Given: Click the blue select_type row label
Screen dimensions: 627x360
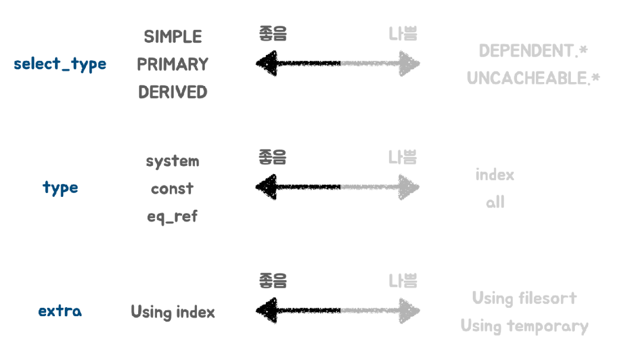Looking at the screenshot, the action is (x=60, y=64).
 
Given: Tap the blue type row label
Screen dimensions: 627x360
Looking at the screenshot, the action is (x=60, y=188).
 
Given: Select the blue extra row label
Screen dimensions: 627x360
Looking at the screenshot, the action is (x=60, y=311).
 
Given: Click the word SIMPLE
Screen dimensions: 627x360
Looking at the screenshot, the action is (x=173, y=37).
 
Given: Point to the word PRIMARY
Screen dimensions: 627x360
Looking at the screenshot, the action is (x=173, y=64).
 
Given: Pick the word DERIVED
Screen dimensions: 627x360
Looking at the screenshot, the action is (x=173, y=92).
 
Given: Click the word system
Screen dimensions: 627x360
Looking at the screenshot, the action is (x=173, y=161).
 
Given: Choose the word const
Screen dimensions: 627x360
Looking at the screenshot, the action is (x=172, y=189).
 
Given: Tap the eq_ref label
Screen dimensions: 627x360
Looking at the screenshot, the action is (x=172, y=216).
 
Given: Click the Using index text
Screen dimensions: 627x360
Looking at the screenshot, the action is (x=173, y=312).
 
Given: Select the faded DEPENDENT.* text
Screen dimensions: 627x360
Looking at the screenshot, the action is (x=533, y=51).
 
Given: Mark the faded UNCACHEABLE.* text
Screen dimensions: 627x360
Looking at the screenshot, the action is (x=533, y=79).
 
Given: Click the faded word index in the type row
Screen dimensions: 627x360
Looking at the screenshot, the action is (x=495, y=175).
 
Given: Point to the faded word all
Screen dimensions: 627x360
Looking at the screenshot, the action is (x=495, y=202).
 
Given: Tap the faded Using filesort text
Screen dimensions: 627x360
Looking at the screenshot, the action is (x=524, y=298).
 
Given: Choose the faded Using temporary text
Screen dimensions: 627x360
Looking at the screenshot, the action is (x=524, y=326).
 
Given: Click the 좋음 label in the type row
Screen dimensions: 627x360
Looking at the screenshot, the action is (x=272, y=158).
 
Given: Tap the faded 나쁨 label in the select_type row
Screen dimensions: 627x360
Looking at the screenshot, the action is (x=402, y=34).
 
